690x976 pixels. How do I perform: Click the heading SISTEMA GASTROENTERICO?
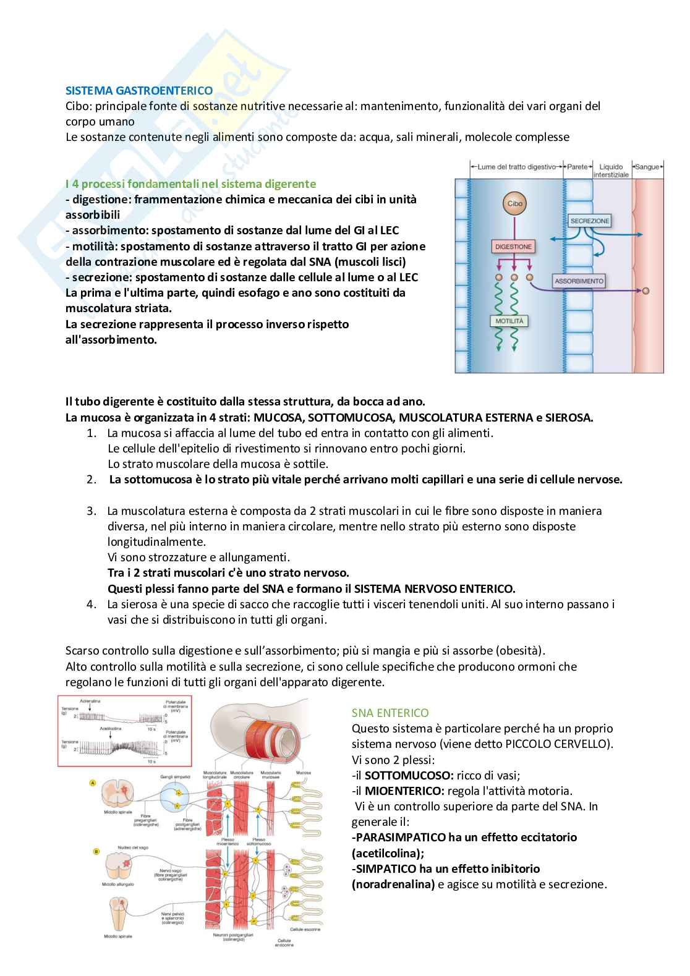(x=139, y=90)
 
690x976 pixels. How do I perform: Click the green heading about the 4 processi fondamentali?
(x=190, y=184)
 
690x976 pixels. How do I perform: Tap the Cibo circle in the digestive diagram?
(x=514, y=203)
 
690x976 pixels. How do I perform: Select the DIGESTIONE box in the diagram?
(x=513, y=247)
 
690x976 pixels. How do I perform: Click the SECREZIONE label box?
(x=589, y=221)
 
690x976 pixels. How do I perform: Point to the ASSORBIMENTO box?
(x=579, y=281)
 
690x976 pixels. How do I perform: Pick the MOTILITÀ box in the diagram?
(x=511, y=321)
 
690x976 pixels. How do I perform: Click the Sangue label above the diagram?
(x=648, y=167)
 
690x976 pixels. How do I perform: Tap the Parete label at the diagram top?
(x=577, y=167)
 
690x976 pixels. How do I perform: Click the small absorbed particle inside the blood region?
(x=646, y=291)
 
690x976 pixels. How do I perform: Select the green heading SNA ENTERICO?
(x=390, y=713)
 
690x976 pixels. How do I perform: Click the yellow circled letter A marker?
(x=93, y=783)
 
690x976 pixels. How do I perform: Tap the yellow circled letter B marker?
(x=96, y=852)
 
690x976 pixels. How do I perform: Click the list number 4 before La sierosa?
(x=92, y=604)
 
